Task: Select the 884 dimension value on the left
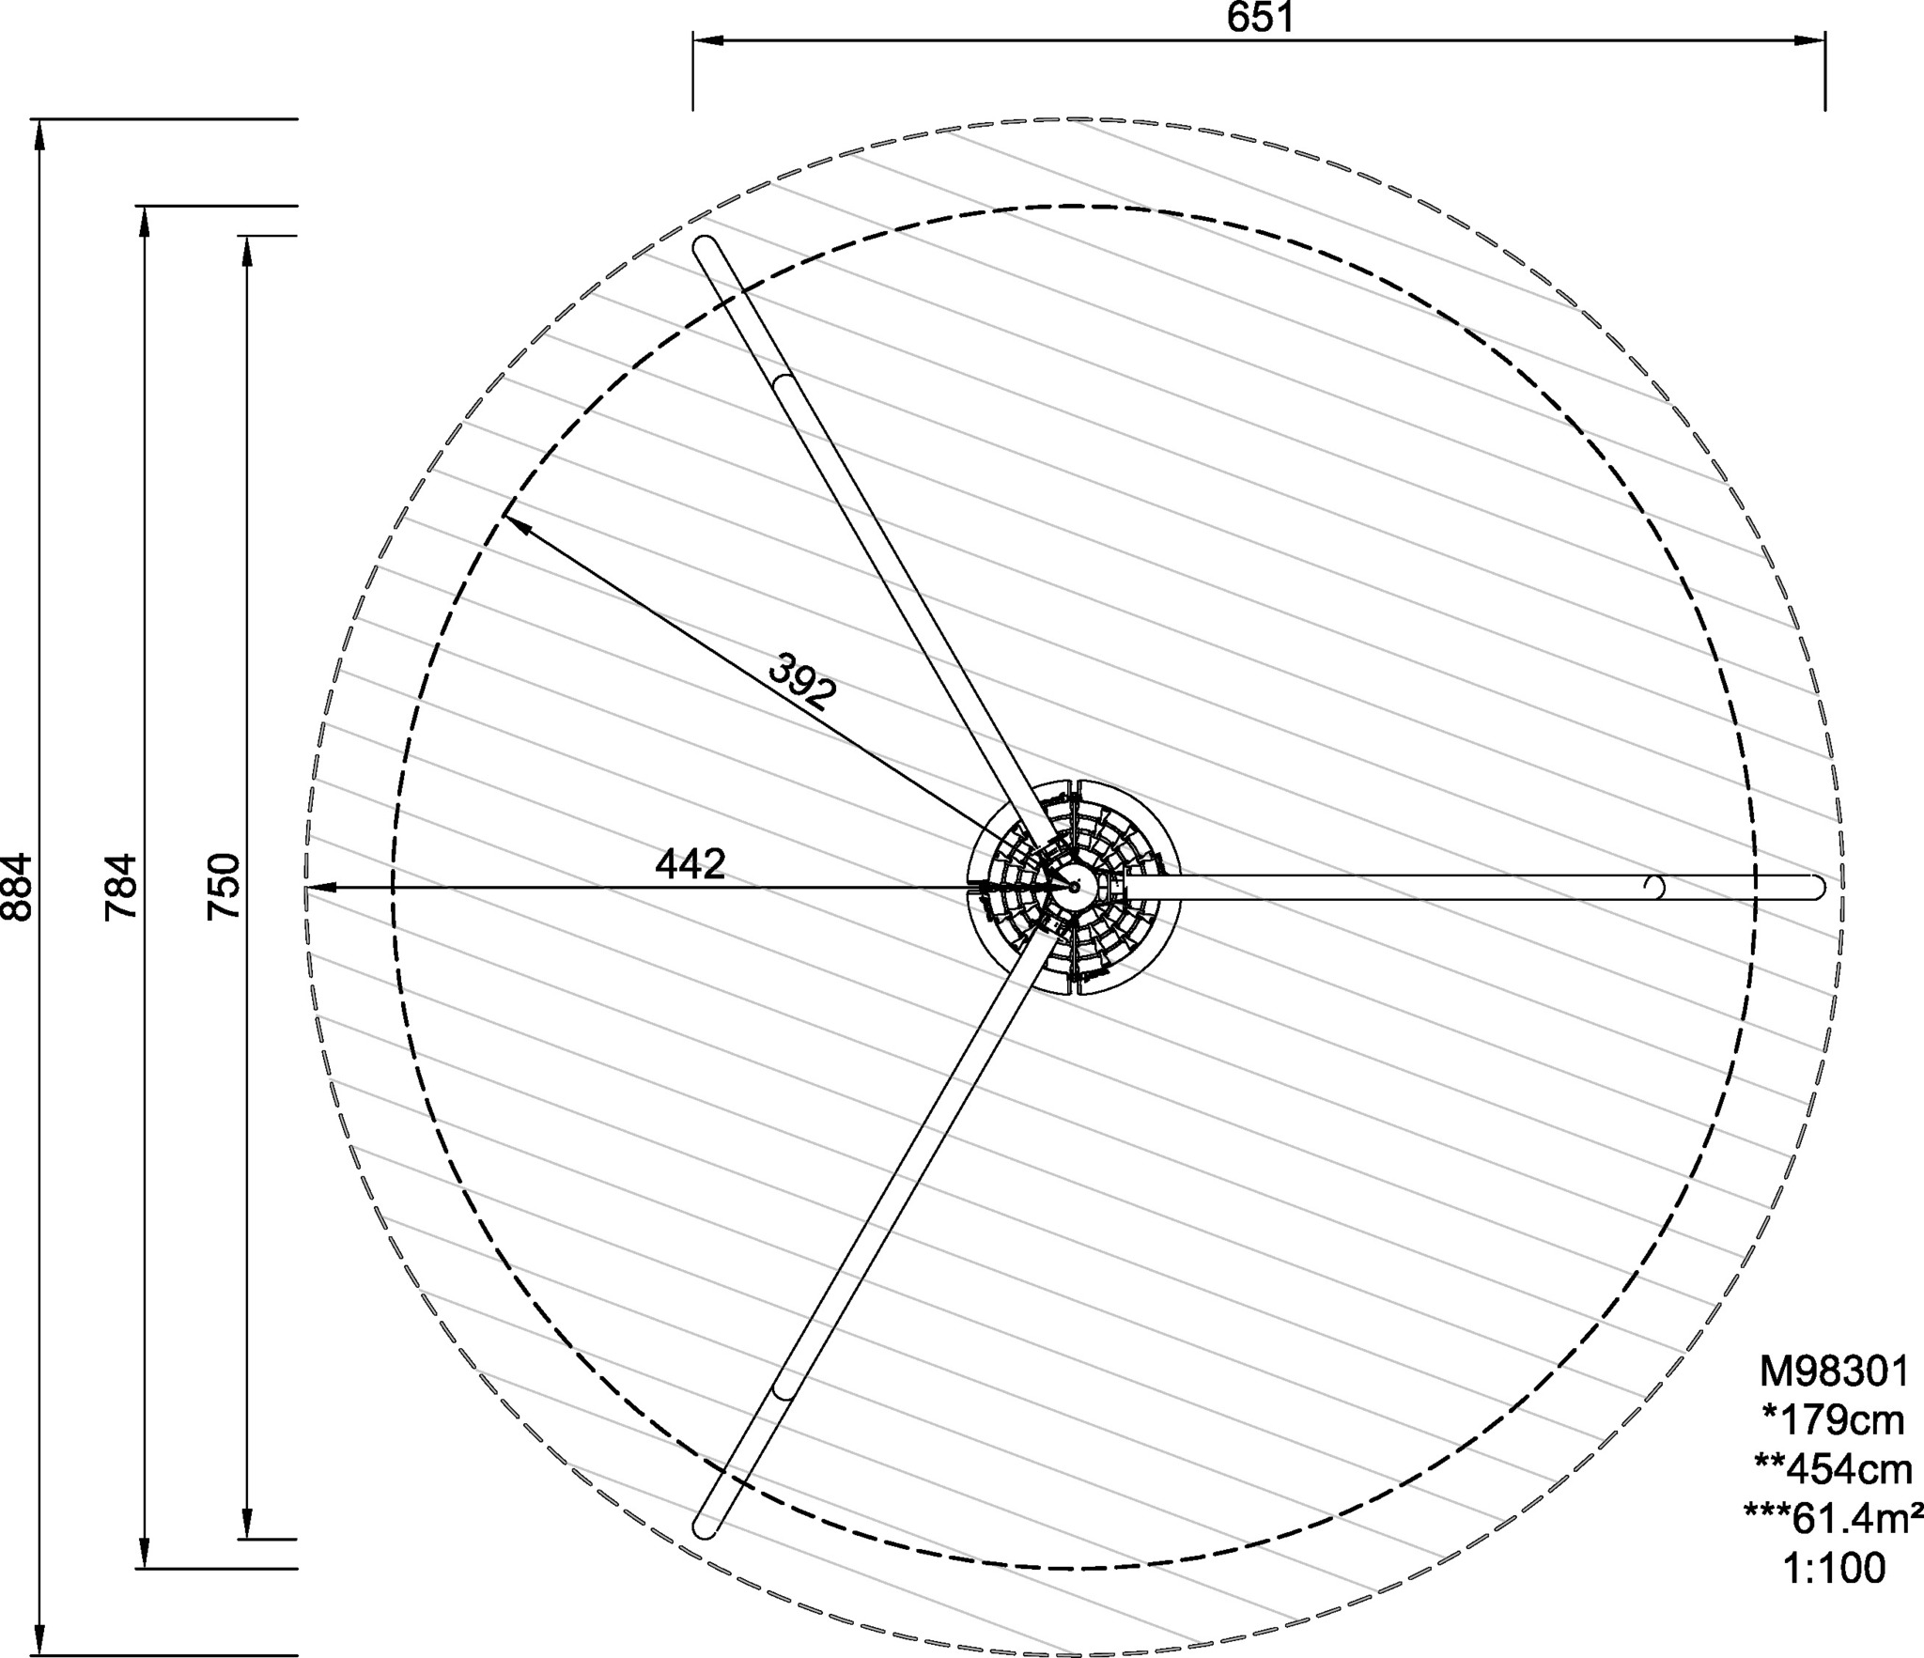18,887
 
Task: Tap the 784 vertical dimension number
121,887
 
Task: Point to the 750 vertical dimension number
225,887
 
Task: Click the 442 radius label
690,864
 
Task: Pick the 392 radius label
801,680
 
